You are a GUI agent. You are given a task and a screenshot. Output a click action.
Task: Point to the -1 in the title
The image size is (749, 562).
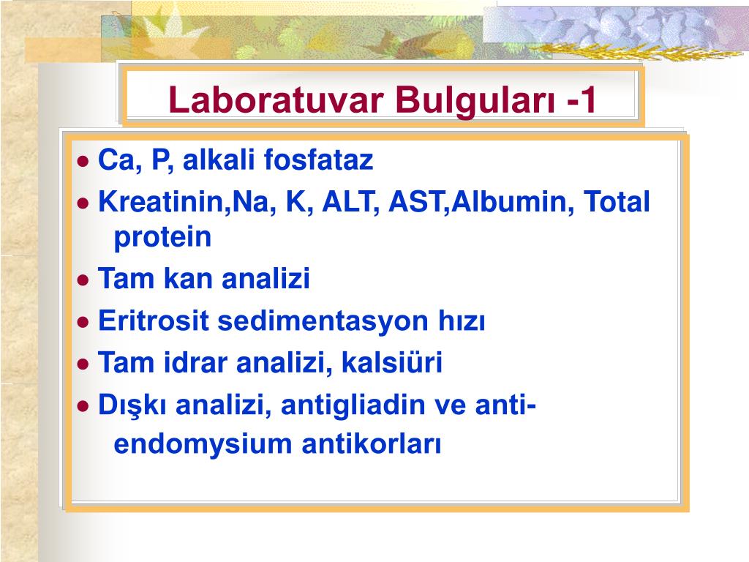pos(581,100)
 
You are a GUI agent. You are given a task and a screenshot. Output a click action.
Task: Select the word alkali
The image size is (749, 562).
pos(219,159)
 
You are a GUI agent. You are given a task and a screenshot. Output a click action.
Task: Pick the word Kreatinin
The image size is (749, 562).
pos(162,201)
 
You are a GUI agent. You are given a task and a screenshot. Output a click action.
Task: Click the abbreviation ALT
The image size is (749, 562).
pos(347,202)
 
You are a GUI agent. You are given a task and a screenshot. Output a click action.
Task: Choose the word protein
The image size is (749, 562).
pos(162,237)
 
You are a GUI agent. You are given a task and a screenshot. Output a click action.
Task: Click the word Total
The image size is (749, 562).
pos(616,201)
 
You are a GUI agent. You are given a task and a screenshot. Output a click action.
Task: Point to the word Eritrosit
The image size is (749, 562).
pos(154,321)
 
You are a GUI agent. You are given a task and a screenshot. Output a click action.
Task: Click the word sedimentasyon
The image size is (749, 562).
pos(323,321)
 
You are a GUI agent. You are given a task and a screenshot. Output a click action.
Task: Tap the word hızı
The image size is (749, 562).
pos(462,321)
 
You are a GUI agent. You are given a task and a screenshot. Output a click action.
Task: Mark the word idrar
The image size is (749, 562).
pos(195,362)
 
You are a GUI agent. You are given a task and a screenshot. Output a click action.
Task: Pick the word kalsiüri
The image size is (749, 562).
pos(392,362)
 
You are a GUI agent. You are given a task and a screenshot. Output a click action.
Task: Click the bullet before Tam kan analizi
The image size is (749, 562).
pos(83,280)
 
